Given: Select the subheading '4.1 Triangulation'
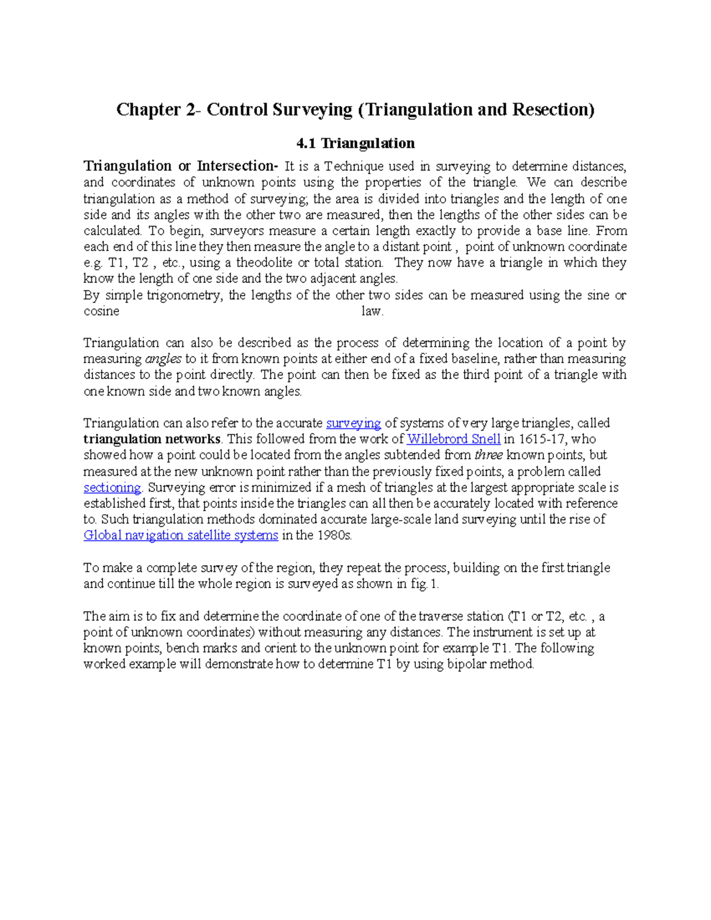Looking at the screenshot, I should tap(355, 143).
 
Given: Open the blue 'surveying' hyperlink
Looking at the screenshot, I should tap(353, 423).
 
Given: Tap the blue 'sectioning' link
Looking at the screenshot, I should tap(112, 488).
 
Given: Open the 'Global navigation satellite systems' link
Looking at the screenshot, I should tap(181, 536).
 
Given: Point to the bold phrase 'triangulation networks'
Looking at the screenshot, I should tap(152, 439).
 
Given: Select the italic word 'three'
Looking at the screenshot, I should tap(489, 455).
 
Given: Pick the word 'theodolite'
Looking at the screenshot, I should tap(265, 262).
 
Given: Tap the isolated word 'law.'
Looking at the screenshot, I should tap(373, 311).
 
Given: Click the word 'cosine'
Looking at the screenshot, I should tap(101, 311).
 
